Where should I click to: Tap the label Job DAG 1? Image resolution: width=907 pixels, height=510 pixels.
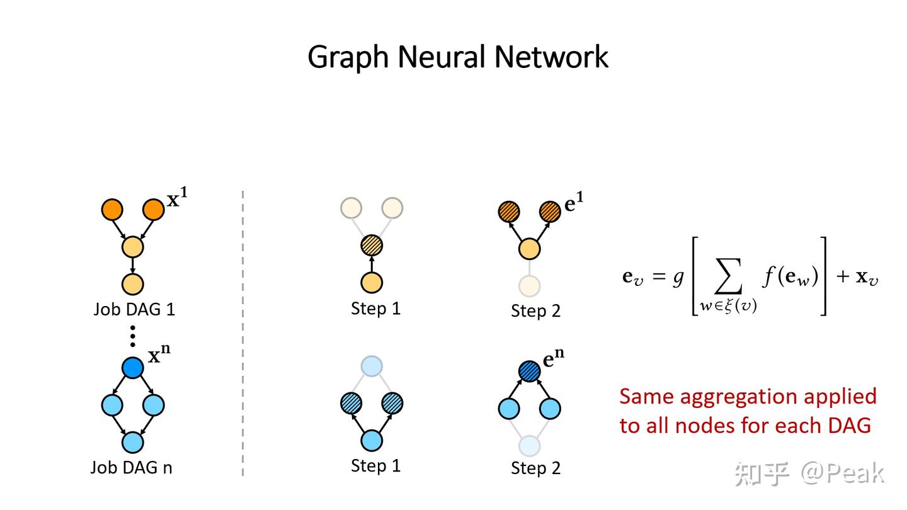[x=134, y=309]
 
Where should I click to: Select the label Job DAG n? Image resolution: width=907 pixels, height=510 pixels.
[x=131, y=467]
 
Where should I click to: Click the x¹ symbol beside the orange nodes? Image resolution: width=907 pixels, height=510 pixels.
[x=176, y=200]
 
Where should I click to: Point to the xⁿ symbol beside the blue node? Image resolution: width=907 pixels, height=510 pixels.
[x=159, y=356]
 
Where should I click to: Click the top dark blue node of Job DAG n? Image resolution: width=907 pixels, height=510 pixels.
[x=132, y=367]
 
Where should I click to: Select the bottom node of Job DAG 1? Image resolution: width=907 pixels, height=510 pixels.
[x=132, y=284]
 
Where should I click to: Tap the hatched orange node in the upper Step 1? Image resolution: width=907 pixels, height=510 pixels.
[x=372, y=245]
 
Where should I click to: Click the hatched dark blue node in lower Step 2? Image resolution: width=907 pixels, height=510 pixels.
[x=530, y=371]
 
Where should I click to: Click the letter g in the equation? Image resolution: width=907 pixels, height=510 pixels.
[x=678, y=278]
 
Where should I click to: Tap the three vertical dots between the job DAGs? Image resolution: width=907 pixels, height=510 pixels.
[x=132, y=336]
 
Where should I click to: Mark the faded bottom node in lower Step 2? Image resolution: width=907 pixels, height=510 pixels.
[x=530, y=445]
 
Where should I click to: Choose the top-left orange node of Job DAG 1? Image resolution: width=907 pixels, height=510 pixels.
[x=112, y=209]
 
